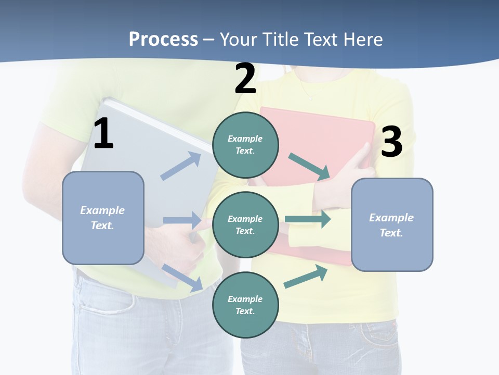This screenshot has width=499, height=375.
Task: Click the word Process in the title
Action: (x=163, y=40)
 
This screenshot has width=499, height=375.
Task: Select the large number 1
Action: (x=103, y=134)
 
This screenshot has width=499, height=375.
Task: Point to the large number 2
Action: (x=245, y=79)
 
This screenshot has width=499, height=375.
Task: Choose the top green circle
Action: (x=245, y=145)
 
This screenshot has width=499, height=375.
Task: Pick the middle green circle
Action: (x=245, y=224)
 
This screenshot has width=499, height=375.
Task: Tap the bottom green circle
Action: (x=245, y=305)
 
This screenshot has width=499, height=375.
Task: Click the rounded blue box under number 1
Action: (x=103, y=218)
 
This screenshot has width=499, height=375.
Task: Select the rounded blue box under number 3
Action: (x=392, y=224)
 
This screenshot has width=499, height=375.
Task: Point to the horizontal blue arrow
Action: (x=182, y=220)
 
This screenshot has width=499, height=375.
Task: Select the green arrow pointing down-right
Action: (x=309, y=167)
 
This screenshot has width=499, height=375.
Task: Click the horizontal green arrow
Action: (x=308, y=219)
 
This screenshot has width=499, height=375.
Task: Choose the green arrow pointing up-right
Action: (x=306, y=277)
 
